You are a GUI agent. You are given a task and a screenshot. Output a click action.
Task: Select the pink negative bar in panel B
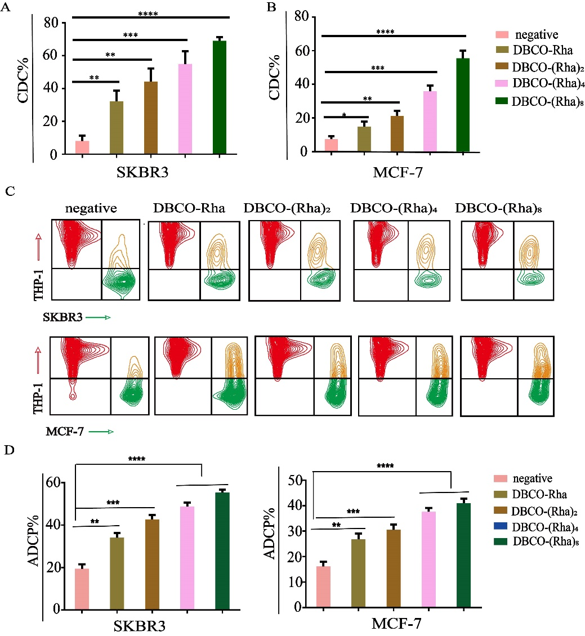point(331,145)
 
